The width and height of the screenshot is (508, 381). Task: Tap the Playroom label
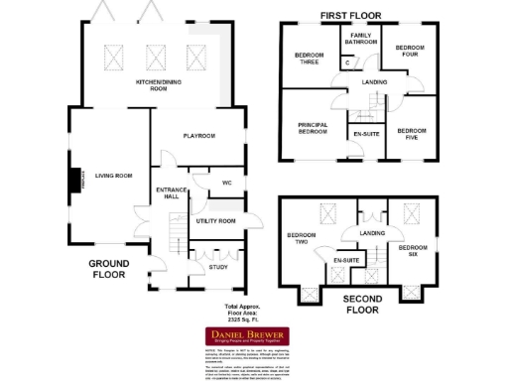pos(198,135)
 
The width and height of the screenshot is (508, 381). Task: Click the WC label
pos(226,183)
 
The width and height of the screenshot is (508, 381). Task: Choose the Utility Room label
pos(215,220)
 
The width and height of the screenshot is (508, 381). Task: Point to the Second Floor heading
pos(360,303)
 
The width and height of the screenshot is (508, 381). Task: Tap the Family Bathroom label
pos(359,39)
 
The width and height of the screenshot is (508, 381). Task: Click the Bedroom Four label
pos(409,50)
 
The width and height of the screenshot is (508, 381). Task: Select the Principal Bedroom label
pos(313,127)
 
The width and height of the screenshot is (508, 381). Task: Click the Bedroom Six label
pos(412,249)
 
